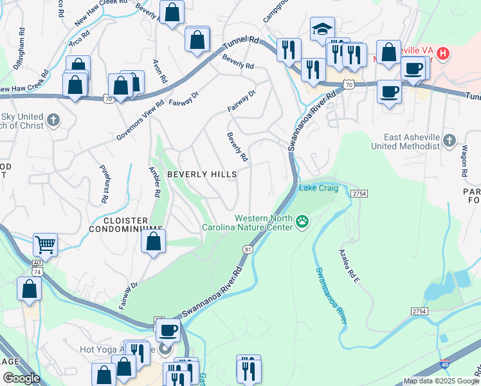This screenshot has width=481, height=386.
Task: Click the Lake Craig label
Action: pyautogui.click(x=316, y=188)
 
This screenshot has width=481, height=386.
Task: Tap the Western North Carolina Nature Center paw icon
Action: pyautogui.click(x=302, y=223)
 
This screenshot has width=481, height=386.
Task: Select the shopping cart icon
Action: pyautogui.click(x=45, y=244)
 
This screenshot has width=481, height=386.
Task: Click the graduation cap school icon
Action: pyautogui.click(x=322, y=28)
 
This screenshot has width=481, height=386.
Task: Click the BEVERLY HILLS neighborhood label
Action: pyautogui.click(x=202, y=174)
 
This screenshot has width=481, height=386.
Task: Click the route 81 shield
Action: pyautogui.click(x=248, y=249)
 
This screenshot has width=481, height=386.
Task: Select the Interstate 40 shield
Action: pyautogui.click(x=446, y=365)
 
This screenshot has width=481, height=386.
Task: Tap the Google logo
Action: pyautogui.click(x=21, y=378)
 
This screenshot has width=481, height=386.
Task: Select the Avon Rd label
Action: pyautogui.click(x=159, y=71)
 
